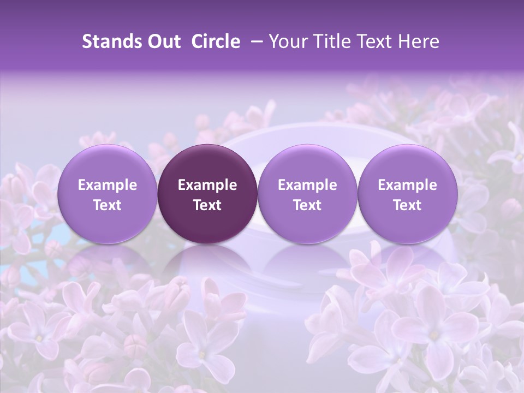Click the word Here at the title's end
tap(419, 41)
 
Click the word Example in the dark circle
tap(207, 185)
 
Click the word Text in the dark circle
tap(207, 205)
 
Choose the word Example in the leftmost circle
tap(107, 185)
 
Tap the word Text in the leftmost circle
tap(107, 205)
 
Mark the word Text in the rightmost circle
tap(407, 205)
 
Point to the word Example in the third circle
tap(307, 185)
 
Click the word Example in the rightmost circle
tap(407, 185)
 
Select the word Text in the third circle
tap(307, 205)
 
